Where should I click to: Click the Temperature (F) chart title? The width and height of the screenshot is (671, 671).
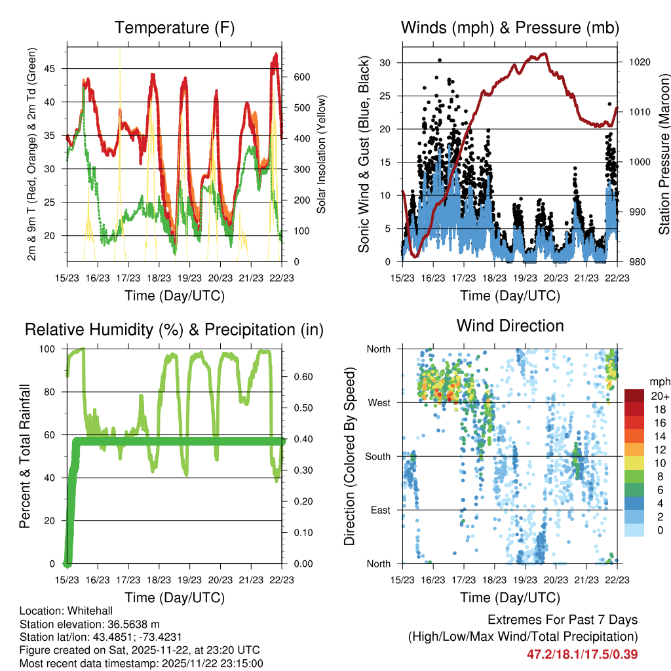click(x=174, y=28)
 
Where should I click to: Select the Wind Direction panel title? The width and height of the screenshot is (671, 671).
click(x=510, y=326)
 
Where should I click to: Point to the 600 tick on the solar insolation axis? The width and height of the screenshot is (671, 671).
click(x=301, y=77)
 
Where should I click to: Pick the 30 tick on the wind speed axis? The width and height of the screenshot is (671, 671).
click(x=386, y=63)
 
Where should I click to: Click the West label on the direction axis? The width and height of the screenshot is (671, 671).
click(x=379, y=402)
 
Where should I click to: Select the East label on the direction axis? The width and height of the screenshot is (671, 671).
click(x=381, y=510)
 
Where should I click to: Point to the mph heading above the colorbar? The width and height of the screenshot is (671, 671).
click(x=659, y=381)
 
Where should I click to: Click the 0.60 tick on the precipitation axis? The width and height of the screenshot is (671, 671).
click(x=301, y=377)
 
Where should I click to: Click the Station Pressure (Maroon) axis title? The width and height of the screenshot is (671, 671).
click(x=663, y=154)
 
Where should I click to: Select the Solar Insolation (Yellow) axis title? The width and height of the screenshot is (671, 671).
click(x=322, y=154)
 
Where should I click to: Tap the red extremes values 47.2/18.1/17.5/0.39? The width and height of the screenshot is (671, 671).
click(x=582, y=654)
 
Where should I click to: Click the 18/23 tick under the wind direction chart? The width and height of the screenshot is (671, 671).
click(x=494, y=580)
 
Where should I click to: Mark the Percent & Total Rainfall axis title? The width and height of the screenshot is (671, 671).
click(x=24, y=456)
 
